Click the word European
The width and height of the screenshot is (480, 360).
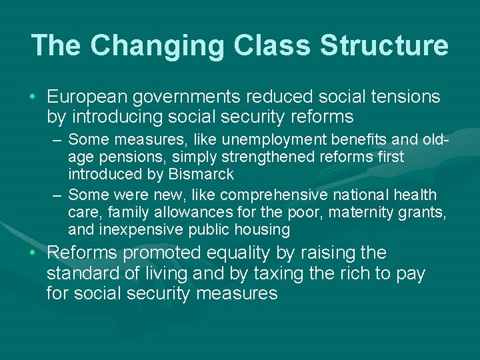tap(87, 97)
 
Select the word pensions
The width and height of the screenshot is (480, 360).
tap(125, 157)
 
